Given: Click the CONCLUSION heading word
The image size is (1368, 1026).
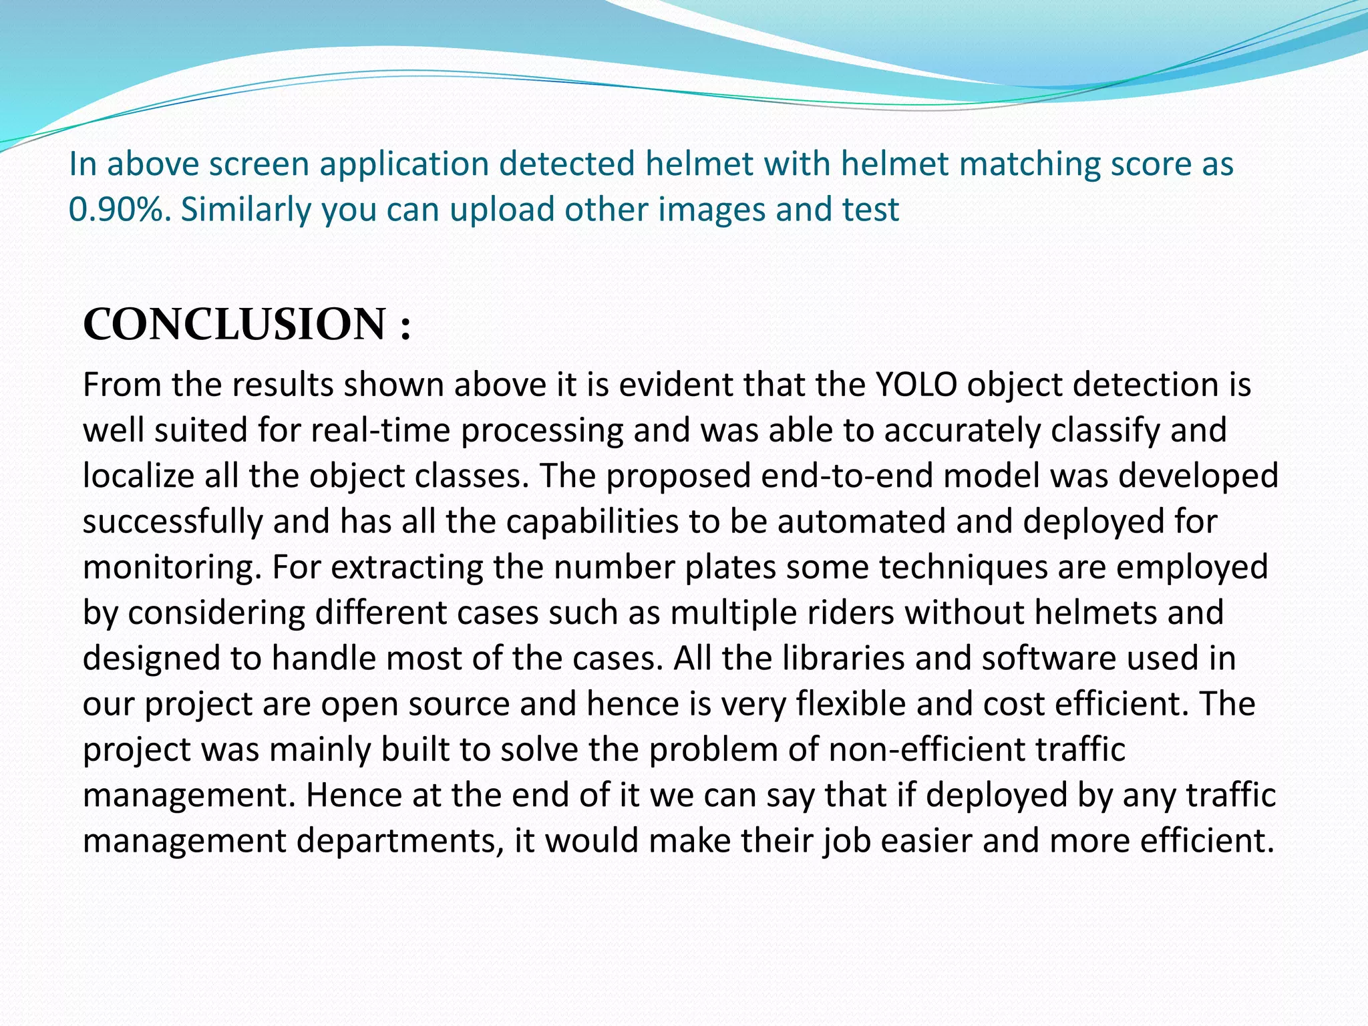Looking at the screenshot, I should (x=234, y=325).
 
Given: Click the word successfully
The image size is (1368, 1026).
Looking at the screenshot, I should (x=172, y=522).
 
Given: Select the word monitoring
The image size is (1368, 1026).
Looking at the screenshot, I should (x=172, y=568).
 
